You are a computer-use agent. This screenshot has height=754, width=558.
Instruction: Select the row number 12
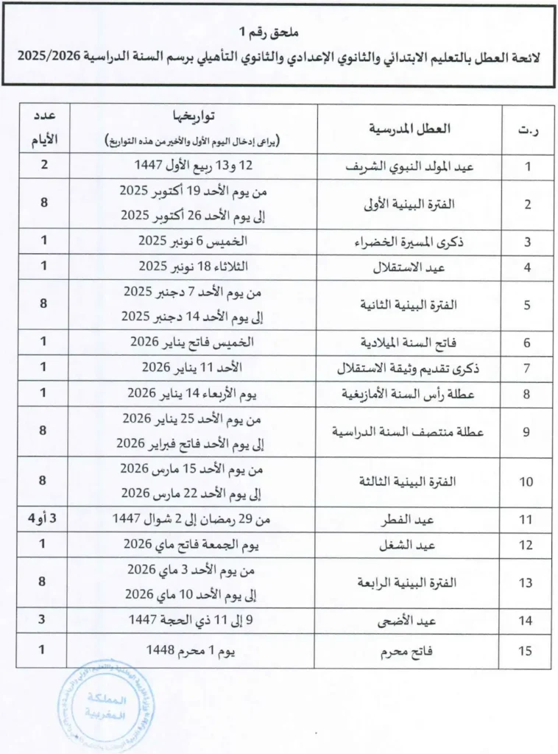[526, 546]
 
